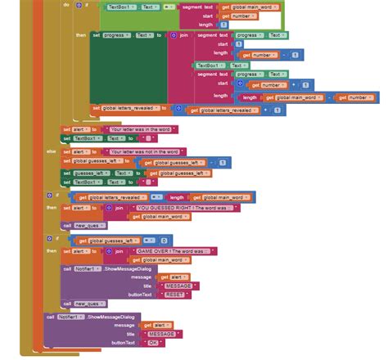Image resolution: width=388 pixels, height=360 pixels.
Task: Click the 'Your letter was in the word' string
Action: pos(142,129)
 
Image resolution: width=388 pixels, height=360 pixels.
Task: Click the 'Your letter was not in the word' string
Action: pos(146,151)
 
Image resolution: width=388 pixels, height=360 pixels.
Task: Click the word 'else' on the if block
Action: pos(51,152)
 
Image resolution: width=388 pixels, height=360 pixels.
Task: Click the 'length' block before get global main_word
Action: pos(176,197)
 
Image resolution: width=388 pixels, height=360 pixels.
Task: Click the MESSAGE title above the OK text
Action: pos(160,334)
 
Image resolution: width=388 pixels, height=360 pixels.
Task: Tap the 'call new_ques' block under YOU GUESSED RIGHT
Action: pos(80,225)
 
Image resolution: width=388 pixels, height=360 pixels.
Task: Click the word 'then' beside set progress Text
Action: pos(80,36)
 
